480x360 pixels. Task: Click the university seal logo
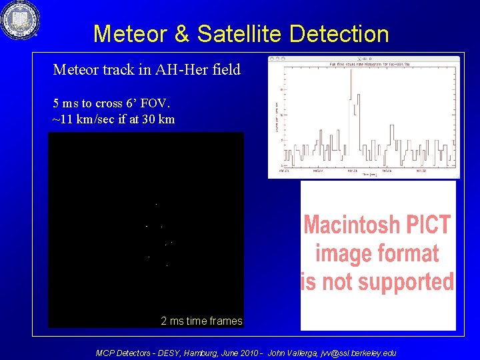coord(20,21)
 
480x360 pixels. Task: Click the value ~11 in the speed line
coord(62,119)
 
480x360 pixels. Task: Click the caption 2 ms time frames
coord(201,321)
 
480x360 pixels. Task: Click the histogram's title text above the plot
coord(364,64)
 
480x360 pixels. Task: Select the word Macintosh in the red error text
coord(351,225)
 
